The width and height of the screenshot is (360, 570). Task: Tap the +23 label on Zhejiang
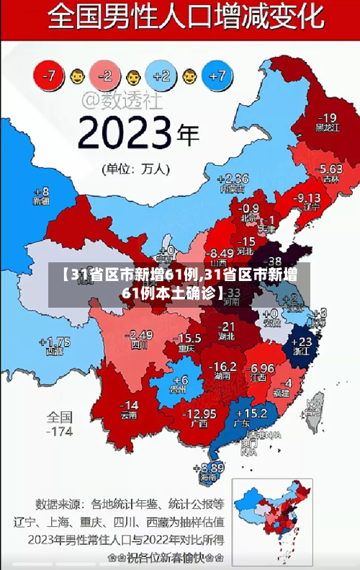[x=304, y=341]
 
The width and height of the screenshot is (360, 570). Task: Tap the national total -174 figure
[x=60, y=432]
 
